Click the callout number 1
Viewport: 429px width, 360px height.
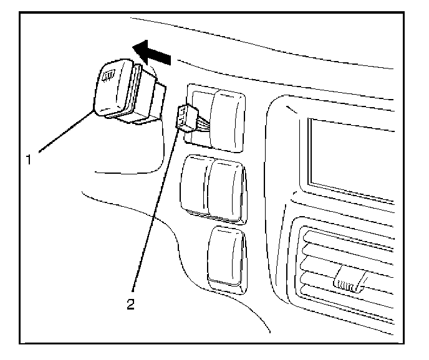[28, 160]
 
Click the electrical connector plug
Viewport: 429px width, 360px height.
[186, 117]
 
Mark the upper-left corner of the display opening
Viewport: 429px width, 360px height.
[309, 120]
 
